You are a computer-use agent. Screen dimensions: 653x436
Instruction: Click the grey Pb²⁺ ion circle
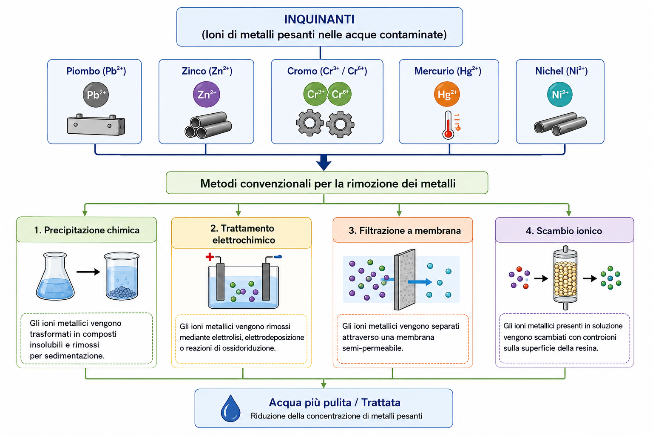click(x=96, y=95)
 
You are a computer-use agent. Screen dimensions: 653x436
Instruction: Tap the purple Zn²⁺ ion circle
click(x=206, y=95)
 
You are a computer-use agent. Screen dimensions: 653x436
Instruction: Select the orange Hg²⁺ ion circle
click(x=447, y=94)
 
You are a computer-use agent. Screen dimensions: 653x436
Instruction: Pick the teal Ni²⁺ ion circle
click(x=560, y=94)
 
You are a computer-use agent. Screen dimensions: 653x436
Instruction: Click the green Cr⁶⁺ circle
click(x=340, y=94)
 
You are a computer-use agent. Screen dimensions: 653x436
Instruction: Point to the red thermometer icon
click(x=449, y=125)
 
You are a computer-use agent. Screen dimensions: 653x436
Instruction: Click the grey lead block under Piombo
click(x=96, y=125)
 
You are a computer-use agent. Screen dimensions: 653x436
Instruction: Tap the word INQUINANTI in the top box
click(x=319, y=19)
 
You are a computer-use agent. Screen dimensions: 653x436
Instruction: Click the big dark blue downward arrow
click(x=324, y=163)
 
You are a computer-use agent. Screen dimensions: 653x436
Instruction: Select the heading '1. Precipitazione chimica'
click(x=87, y=230)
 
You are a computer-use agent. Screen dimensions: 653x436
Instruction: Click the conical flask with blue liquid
click(x=55, y=276)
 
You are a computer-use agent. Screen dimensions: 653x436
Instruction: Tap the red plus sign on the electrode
click(x=210, y=257)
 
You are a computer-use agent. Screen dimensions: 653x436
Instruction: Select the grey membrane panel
click(x=405, y=279)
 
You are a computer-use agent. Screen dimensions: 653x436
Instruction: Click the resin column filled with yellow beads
click(x=565, y=278)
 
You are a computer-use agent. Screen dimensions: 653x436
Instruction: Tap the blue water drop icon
click(x=230, y=408)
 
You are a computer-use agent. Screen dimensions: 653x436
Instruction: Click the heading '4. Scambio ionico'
click(x=564, y=231)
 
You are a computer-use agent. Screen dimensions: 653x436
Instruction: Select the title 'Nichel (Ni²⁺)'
click(x=561, y=71)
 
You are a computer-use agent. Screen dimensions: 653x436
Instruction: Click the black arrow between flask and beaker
click(x=88, y=272)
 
